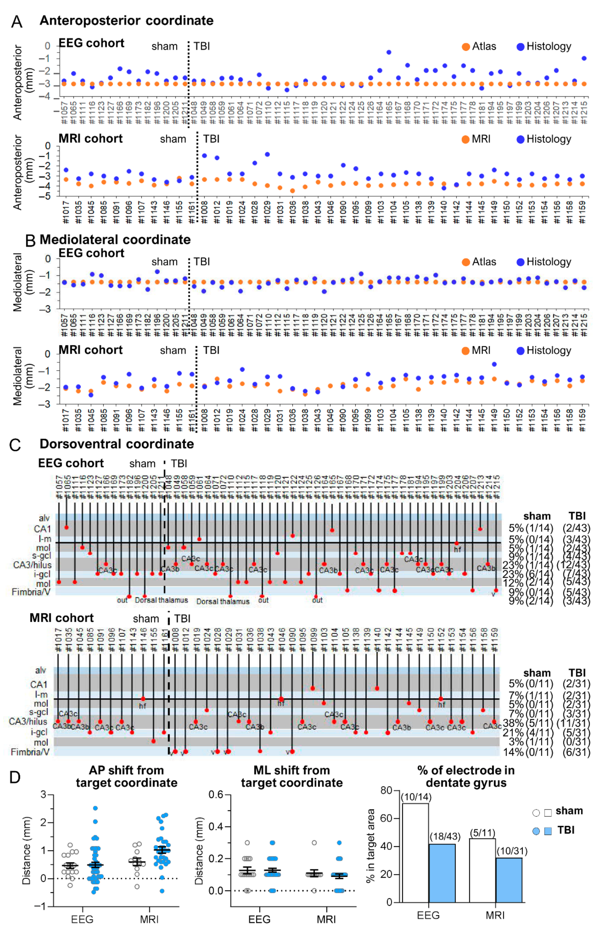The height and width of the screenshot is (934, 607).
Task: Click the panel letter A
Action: click(16, 21)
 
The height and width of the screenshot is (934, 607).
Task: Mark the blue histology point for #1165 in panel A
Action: click(389, 52)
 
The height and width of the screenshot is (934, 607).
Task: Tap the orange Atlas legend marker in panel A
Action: click(466, 47)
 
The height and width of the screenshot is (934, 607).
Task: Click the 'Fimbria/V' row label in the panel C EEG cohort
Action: click(31, 592)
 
